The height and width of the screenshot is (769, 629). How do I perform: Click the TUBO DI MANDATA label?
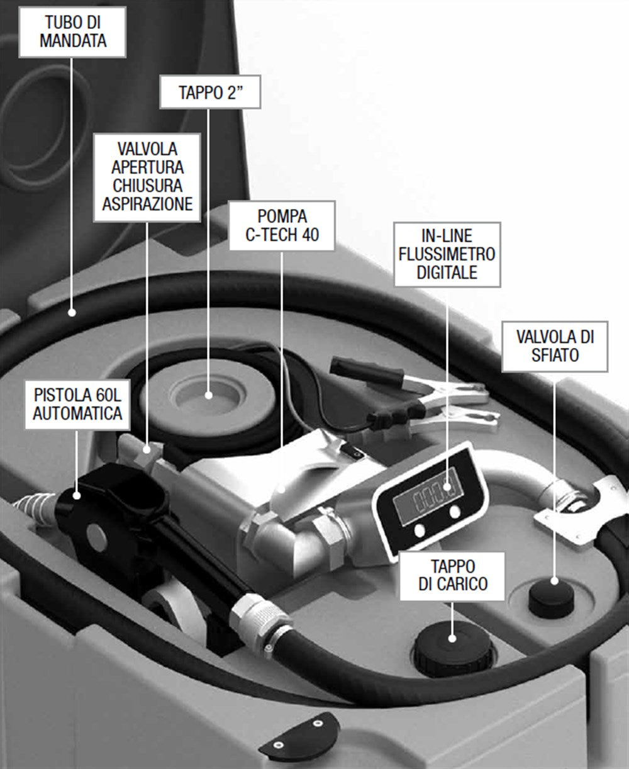(x=73, y=31)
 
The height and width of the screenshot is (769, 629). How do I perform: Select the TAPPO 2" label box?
(x=210, y=93)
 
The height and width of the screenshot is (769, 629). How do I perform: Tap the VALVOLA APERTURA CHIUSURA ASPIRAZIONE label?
(x=147, y=177)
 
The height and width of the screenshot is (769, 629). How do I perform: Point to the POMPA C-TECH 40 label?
(x=282, y=226)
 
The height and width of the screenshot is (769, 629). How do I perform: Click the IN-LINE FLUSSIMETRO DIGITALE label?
(x=447, y=254)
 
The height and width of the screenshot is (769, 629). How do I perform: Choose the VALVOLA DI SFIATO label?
(x=555, y=345)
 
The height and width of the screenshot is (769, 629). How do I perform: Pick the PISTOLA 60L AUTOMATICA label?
(x=78, y=405)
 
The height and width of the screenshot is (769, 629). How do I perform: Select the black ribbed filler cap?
(x=452, y=648)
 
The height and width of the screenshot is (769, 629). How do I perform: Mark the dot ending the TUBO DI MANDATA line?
(x=73, y=311)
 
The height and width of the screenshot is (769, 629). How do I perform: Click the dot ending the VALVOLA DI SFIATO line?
(x=555, y=580)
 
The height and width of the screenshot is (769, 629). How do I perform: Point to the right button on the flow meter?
(x=455, y=512)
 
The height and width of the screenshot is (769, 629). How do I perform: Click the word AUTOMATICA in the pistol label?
(x=78, y=414)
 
